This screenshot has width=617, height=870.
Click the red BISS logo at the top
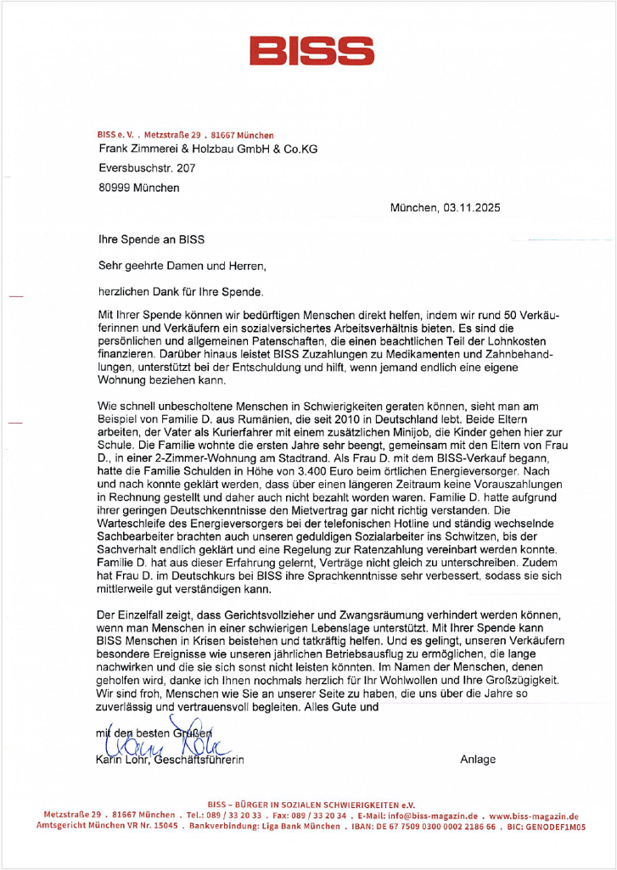pyautogui.click(x=308, y=51)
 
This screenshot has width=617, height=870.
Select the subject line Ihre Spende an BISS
pyautogui.click(x=151, y=241)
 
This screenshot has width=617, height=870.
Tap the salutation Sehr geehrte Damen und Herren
pyautogui.click(x=182, y=266)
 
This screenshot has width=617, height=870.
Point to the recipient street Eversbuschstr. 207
pyautogui.click(x=147, y=168)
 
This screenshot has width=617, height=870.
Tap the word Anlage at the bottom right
pyautogui.click(x=478, y=759)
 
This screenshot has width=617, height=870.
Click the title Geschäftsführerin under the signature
pyautogui.click(x=204, y=760)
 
